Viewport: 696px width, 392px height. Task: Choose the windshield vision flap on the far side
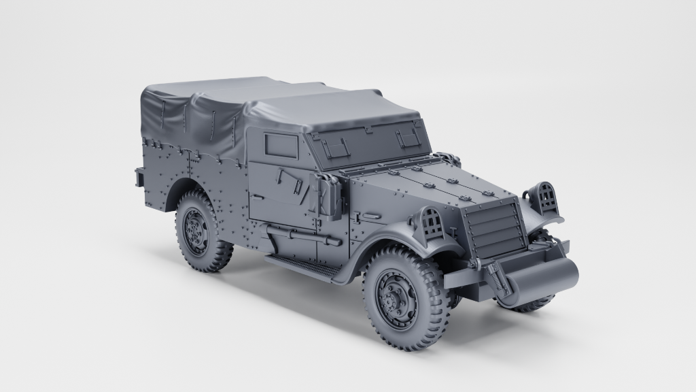(x=406, y=138)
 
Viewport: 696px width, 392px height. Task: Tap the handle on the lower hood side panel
(x=370, y=216)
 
